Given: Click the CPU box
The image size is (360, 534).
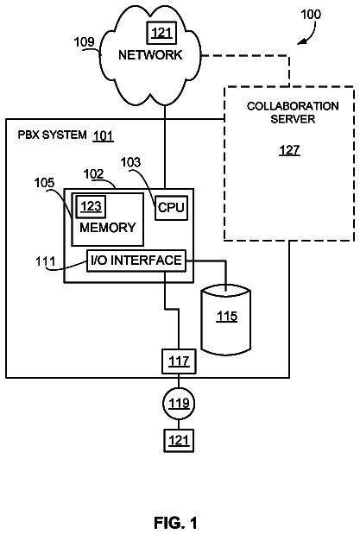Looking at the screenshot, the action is [x=171, y=207].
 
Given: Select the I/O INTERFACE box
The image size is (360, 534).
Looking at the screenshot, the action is [x=136, y=261].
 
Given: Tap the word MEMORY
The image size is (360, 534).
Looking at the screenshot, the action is [x=107, y=228].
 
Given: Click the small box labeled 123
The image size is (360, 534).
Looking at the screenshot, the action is [x=91, y=206].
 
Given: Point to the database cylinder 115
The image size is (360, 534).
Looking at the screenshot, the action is [x=226, y=320].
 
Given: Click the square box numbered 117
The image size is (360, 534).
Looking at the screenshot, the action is [x=179, y=361].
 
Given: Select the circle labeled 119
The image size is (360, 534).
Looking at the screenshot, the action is [x=179, y=403].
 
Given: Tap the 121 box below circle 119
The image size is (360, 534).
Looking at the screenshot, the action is [x=179, y=441].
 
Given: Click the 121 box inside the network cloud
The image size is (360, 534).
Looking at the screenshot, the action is [x=161, y=33].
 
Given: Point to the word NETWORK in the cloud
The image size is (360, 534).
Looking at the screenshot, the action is [x=150, y=55].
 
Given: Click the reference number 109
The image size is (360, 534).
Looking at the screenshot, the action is [x=84, y=42].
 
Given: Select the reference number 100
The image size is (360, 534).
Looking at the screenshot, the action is [x=310, y=15].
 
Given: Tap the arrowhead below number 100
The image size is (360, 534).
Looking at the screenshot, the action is [x=300, y=42].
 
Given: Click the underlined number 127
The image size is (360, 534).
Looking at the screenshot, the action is [x=289, y=150].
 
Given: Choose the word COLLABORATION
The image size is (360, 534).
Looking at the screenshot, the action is [x=293, y=106].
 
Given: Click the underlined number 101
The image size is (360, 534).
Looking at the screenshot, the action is [x=103, y=136].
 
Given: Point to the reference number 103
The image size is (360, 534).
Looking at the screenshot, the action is [x=130, y=162].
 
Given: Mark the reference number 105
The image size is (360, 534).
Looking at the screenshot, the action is [x=44, y=183].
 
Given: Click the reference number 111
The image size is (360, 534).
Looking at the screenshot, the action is [x=46, y=261].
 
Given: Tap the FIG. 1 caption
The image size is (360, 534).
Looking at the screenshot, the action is [x=175, y=523].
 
